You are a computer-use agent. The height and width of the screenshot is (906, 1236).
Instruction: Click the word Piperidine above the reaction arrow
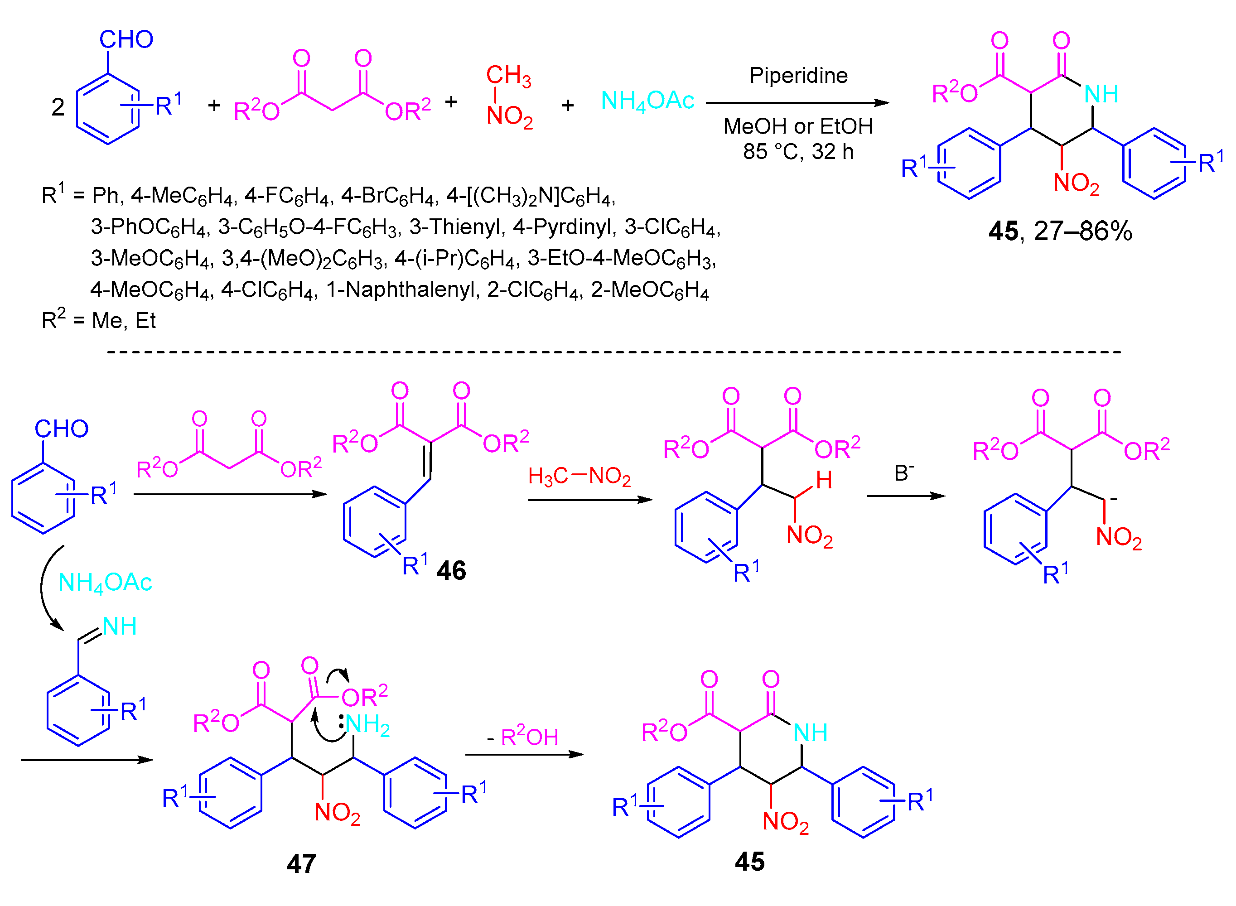tap(798, 76)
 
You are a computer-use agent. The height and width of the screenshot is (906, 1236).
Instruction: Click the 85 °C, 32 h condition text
tap(798, 152)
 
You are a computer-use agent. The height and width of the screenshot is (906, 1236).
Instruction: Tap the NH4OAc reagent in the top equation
tap(647, 101)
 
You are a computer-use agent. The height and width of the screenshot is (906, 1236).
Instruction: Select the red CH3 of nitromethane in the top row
tap(508, 76)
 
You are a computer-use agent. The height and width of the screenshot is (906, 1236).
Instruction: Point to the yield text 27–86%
tap(1082, 231)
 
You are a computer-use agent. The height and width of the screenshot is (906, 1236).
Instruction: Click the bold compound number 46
tap(451, 571)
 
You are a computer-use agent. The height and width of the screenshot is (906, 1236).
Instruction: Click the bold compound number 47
tap(301, 864)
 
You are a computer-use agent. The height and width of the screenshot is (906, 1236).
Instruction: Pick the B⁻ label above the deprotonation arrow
tap(904, 473)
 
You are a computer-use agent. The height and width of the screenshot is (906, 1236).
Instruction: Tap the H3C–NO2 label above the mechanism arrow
tap(579, 477)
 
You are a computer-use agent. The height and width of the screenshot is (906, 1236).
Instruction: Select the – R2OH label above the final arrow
tap(522, 737)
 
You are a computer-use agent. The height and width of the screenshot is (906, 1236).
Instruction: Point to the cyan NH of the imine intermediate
tap(120, 626)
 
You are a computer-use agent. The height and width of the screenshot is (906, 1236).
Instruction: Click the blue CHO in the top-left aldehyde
tap(126, 39)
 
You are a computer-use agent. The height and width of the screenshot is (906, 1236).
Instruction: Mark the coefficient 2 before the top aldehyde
tap(58, 107)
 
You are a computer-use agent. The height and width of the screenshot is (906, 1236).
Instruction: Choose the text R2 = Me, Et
tap(99, 321)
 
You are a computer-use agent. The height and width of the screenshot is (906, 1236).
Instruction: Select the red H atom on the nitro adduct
tap(824, 481)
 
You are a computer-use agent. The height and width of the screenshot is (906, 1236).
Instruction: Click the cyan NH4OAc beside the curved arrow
tap(105, 583)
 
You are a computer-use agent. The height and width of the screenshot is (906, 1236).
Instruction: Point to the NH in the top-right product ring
tap(1101, 94)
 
